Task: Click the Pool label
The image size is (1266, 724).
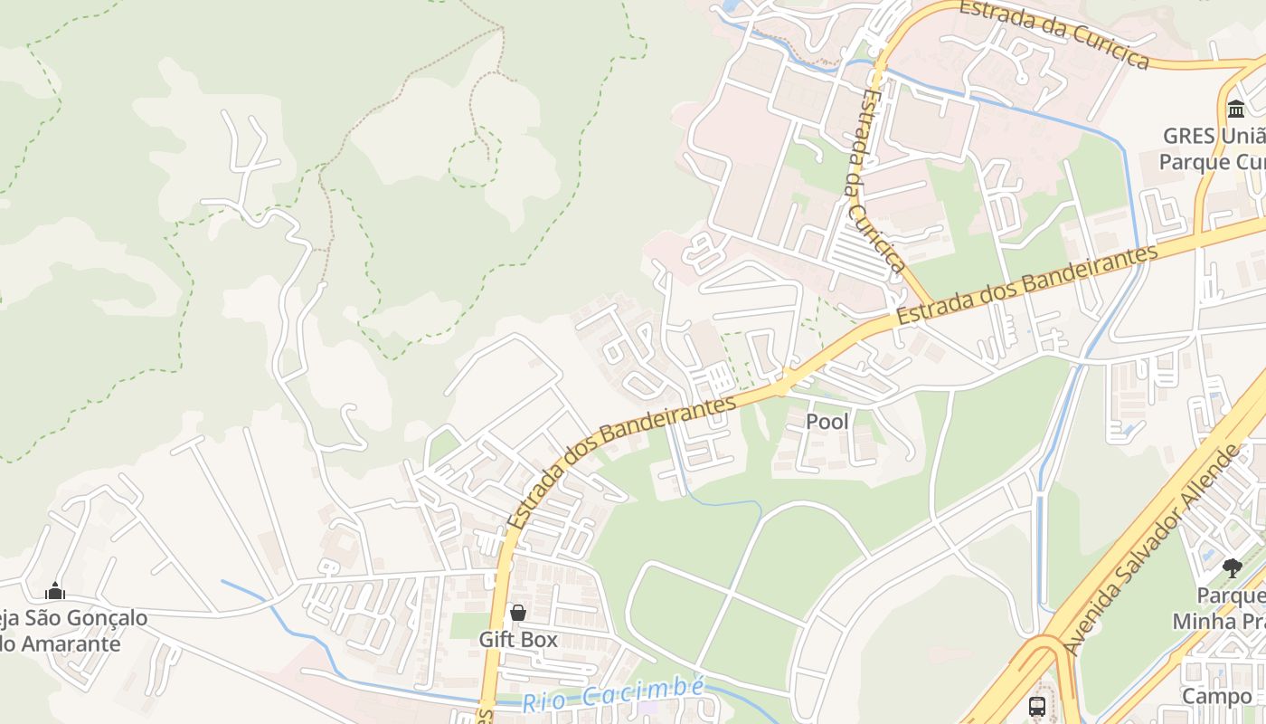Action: click(x=827, y=422)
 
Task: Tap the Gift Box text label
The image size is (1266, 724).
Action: click(x=518, y=640)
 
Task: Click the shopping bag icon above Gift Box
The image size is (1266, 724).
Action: click(x=518, y=614)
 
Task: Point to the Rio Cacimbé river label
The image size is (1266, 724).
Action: click(x=613, y=695)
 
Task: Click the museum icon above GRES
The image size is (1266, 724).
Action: click(x=1235, y=110)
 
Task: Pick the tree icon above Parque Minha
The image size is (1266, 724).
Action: click(x=1232, y=568)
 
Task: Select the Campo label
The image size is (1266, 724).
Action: click(x=1217, y=696)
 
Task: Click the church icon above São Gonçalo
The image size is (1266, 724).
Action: click(x=55, y=592)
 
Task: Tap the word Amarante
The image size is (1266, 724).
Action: click(x=72, y=644)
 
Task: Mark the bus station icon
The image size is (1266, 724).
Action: click(x=1037, y=706)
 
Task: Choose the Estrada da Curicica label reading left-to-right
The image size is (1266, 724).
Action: click(x=1053, y=33)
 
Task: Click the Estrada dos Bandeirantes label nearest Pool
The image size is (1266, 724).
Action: click(x=621, y=463)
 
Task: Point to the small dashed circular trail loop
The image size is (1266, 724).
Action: click(x=473, y=163)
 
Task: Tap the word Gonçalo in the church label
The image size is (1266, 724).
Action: click(x=106, y=618)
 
